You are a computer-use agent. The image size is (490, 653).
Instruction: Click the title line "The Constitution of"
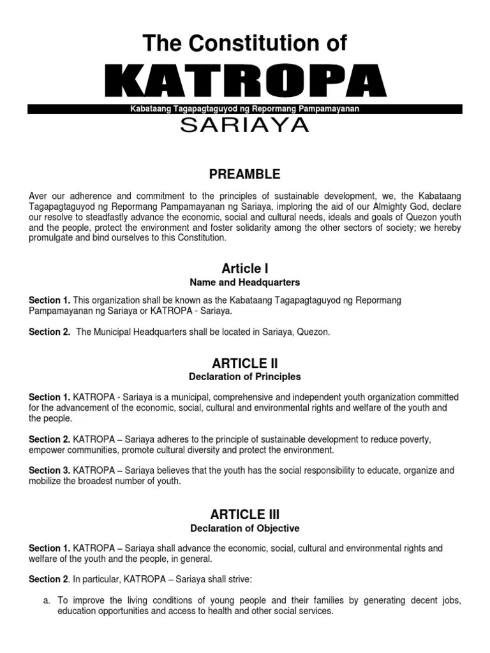[x=245, y=43]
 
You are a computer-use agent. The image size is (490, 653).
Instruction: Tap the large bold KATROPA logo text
[x=245, y=82]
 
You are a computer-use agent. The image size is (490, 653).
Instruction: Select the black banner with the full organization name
[x=245, y=109]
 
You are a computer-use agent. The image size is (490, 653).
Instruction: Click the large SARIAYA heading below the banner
[x=245, y=126]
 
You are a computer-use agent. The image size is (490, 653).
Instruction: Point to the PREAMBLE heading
[x=245, y=173]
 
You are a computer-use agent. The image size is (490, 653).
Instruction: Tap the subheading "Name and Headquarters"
[x=245, y=282]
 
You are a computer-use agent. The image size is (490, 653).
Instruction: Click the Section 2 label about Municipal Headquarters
[x=49, y=332]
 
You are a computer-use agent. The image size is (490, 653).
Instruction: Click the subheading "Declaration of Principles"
[x=245, y=377]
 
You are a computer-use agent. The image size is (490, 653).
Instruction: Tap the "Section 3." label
[x=49, y=471]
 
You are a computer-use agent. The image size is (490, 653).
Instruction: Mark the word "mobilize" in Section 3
[x=46, y=481]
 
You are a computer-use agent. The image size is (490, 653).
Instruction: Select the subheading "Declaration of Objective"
[x=245, y=528]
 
